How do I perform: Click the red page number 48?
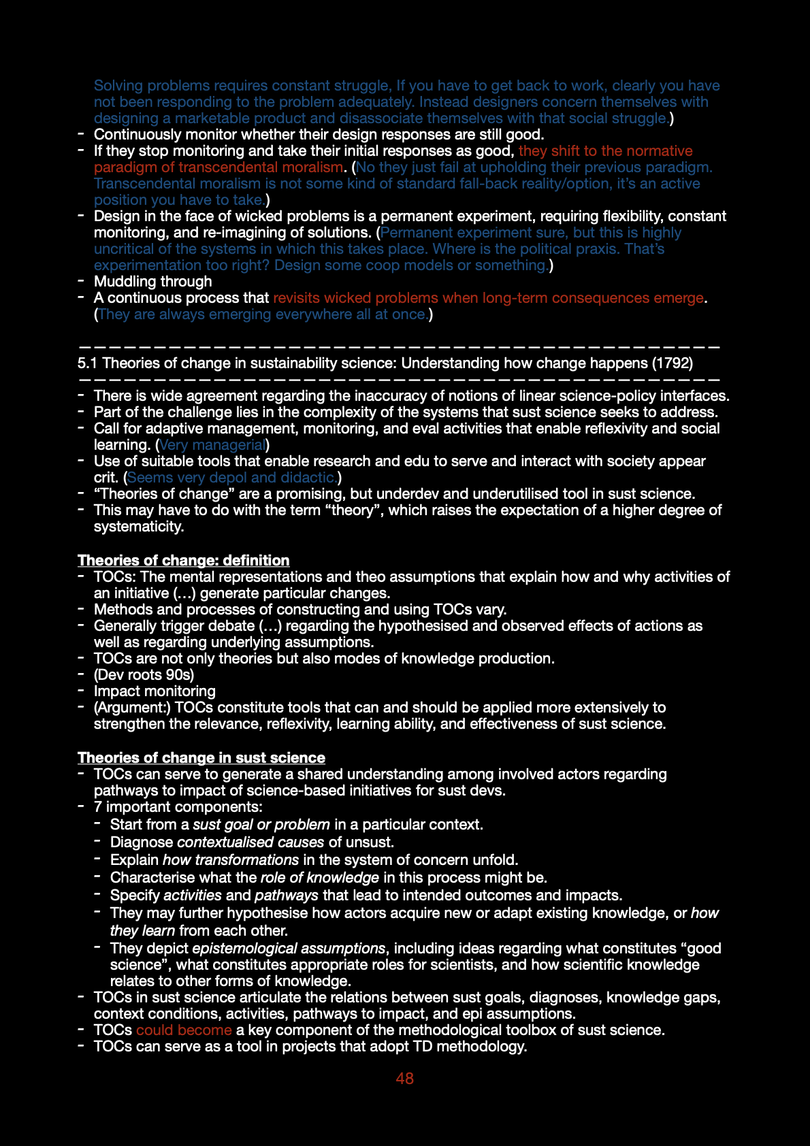(x=404, y=1079)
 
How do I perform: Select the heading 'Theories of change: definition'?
(x=183, y=560)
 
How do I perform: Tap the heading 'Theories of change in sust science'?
(x=201, y=757)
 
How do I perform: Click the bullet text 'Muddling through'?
(x=152, y=281)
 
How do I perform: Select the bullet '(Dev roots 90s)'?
(x=144, y=674)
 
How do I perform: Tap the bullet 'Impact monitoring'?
(x=155, y=691)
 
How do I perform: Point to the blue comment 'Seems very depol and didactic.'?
(x=232, y=477)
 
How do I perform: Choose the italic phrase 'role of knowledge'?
(x=319, y=877)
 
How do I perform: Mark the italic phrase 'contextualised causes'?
(x=250, y=842)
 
